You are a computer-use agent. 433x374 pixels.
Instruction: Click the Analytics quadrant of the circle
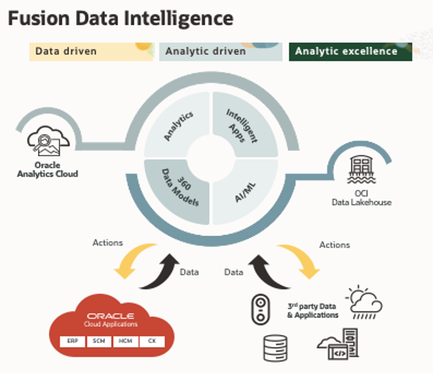pyautogui.click(x=176, y=125)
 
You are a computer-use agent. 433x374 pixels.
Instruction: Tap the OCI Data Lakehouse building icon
pyautogui.click(x=361, y=168)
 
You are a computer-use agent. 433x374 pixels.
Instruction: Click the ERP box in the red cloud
pyautogui.click(x=72, y=341)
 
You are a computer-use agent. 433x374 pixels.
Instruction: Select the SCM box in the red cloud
pyautogui.click(x=99, y=341)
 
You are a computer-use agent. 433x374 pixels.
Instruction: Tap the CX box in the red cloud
pyautogui.click(x=152, y=341)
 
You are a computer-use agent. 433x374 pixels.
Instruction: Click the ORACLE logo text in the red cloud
pyautogui.click(x=111, y=316)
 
